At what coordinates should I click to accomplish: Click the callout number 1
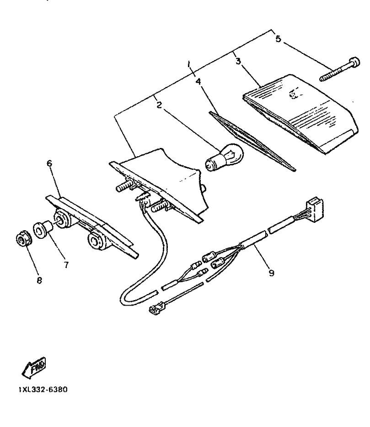click(x=189, y=66)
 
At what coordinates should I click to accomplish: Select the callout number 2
click(x=159, y=105)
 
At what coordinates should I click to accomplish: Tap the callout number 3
click(x=238, y=61)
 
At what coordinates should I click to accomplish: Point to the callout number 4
click(x=198, y=81)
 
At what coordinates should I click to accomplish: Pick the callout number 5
click(x=278, y=39)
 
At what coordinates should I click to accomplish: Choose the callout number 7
click(x=66, y=264)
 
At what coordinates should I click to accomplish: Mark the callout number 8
click(x=39, y=280)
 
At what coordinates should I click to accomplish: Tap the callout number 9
click(x=271, y=273)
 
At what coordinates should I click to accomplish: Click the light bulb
click(x=224, y=158)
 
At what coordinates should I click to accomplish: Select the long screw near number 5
click(x=339, y=69)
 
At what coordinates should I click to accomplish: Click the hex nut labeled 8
click(x=23, y=239)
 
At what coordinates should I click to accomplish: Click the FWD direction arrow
click(x=34, y=368)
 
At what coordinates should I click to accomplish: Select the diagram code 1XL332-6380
click(x=43, y=390)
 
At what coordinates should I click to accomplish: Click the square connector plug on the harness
click(x=314, y=209)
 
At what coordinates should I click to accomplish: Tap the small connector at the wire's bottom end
click(x=156, y=309)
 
